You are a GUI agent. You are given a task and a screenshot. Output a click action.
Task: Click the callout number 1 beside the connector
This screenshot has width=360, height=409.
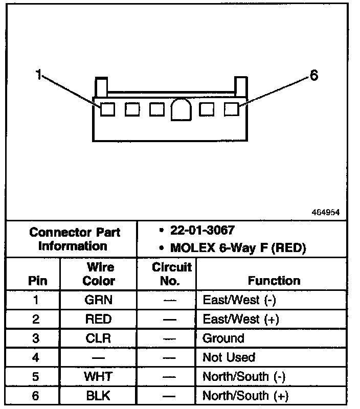pos(38,75)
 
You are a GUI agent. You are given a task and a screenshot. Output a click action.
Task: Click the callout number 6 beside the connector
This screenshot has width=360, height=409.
pos(314,76)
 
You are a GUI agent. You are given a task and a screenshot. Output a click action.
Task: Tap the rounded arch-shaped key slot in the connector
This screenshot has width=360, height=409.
pos(180,109)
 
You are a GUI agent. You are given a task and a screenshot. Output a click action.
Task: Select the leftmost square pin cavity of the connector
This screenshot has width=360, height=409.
pos(107,109)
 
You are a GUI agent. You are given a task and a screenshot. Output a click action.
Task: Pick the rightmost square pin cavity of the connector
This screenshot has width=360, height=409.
pos(232,109)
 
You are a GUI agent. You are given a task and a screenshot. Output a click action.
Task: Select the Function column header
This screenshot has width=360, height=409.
pos(274,280)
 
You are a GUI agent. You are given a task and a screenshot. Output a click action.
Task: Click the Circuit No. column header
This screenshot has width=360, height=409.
pos(172,274)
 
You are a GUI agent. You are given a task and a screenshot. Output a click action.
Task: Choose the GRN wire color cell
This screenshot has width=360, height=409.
pos(99,300)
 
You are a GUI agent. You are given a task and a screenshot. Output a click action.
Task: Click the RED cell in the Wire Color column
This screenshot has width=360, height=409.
pos(99,319)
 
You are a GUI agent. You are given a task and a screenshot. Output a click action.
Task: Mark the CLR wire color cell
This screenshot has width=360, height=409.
pos(99,338)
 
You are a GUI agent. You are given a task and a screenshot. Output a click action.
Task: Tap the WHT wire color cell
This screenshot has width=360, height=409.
pos(99,376)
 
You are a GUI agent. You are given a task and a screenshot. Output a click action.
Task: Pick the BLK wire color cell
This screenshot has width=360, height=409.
pos(99,395)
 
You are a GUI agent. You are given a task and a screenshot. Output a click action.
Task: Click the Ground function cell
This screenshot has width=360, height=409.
pos(223,338)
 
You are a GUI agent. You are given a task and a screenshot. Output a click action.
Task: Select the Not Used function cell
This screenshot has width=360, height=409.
pos(229,357)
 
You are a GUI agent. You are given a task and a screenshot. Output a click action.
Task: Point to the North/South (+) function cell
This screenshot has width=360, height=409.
pos(245,395)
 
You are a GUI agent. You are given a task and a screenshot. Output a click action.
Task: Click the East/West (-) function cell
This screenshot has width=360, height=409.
pos(239,300)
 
